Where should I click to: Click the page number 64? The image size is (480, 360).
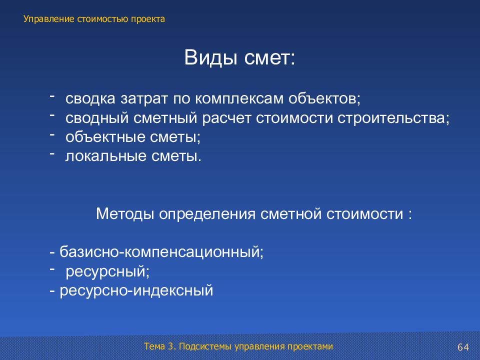pos(463,347)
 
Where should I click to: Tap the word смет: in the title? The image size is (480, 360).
pos(269,58)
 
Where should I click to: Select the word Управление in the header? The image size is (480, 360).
pos(49,19)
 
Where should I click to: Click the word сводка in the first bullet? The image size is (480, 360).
pos(90,98)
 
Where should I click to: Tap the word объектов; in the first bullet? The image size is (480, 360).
pos(324,98)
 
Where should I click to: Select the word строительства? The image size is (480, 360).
pos(393,118)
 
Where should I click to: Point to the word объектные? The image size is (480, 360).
pos(103,137)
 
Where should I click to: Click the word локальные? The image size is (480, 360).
pos(106,156)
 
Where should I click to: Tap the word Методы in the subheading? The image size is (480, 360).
pos(125,213)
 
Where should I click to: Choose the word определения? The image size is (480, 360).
pos(207,214)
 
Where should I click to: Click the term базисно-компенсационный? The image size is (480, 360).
pos(161,252)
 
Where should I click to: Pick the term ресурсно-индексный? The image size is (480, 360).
pos(136,290)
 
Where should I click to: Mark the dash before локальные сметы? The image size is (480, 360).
pos(52,153)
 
